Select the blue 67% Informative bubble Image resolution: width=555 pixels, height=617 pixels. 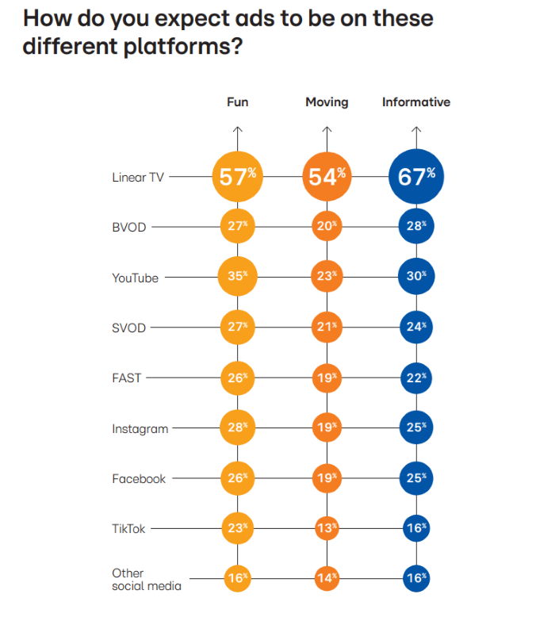(416, 176)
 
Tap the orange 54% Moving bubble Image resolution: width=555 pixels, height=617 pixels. (327, 176)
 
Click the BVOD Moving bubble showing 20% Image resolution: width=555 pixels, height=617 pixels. (327, 227)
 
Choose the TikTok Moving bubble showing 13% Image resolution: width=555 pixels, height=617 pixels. (327, 528)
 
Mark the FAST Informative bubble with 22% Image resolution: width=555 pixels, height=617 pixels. (416, 378)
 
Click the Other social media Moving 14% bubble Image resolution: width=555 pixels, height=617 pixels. (327, 579)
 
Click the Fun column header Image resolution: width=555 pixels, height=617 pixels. (238, 102)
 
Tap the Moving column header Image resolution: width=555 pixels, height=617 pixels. (327, 102)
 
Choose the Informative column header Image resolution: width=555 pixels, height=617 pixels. (416, 102)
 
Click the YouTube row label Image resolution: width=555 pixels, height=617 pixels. (135, 278)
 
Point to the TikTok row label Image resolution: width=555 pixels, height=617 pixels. (128, 529)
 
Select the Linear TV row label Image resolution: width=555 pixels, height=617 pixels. (138, 178)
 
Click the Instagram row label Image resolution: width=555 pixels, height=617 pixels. (140, 429)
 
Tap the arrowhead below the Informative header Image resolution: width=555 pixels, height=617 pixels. (416, 129)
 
